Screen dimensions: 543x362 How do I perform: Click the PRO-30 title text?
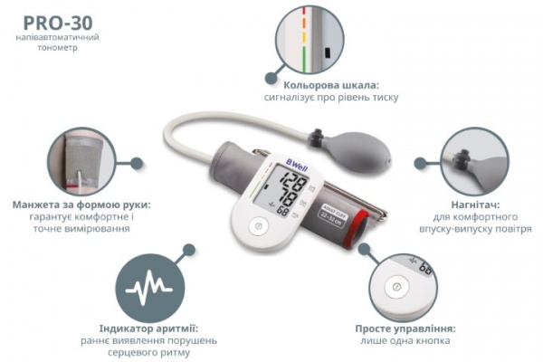(x=58, y=23)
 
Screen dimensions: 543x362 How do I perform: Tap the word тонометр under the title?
(x=58, y=47)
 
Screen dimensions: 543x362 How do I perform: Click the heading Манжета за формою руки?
(x=81, y=205)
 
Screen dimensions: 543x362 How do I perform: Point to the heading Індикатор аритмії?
(x=148, y=329)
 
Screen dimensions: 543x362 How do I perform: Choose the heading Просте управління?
(x=405, y=329)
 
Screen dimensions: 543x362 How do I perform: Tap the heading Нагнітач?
(x=475, y=205)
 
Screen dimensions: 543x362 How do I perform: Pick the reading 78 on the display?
(x=290, y=199)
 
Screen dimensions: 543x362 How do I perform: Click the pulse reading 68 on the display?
(x=282, y=211)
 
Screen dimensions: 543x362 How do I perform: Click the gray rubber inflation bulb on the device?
(x=356, y=150)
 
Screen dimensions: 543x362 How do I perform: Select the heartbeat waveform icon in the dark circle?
(x=149, y=287)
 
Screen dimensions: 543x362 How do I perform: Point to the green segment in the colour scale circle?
(x=304, y=60)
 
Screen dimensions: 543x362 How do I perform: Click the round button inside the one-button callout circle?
(x=397, y=287)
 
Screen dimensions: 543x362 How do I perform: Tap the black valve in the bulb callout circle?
(x=462, y=158)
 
